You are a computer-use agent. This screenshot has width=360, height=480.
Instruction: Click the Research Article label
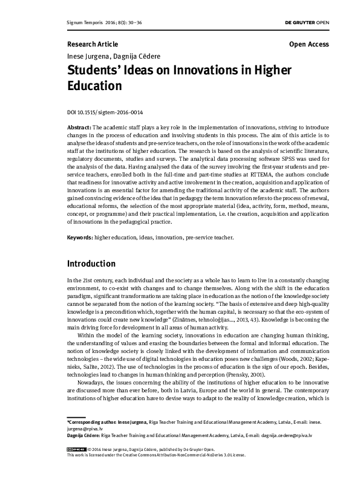click(93, 45)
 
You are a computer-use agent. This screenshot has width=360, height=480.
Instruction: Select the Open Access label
click(309, 45)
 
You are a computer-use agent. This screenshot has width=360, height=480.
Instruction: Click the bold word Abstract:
click(79, 129)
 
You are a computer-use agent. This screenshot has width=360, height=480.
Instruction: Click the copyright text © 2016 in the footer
click(94, 449)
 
